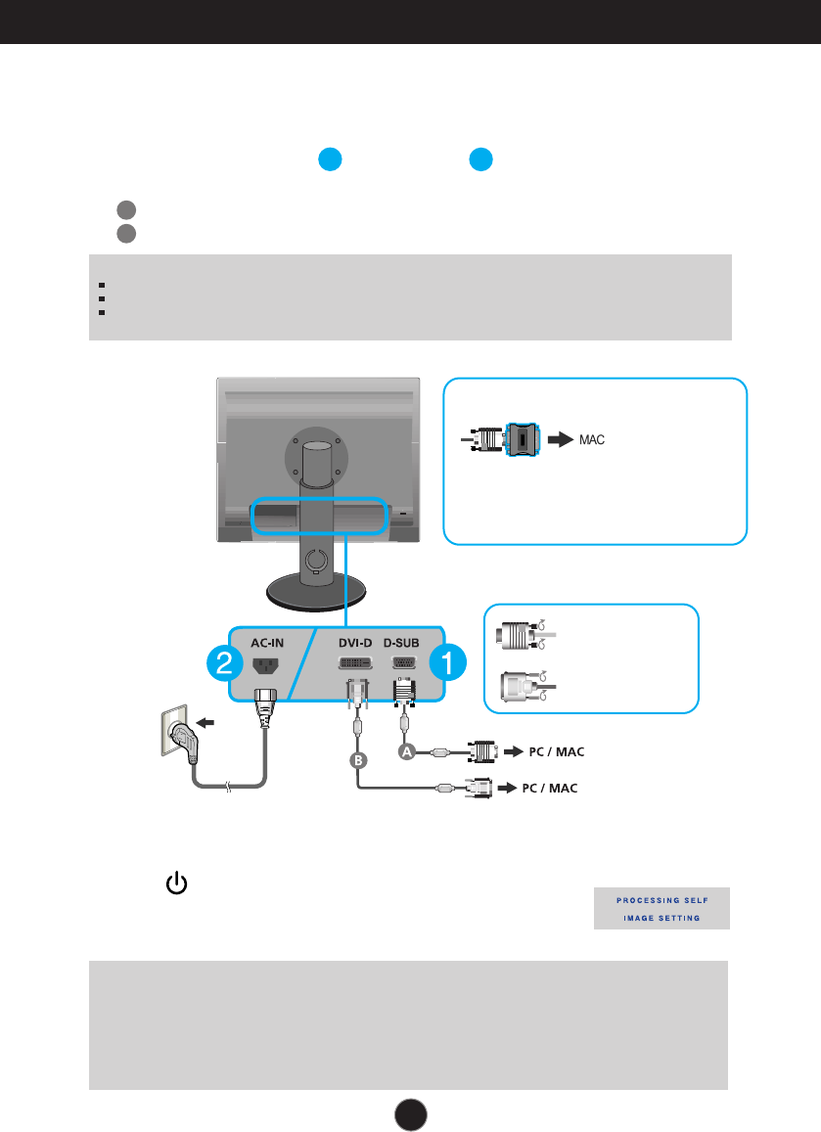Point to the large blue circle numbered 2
tap(224, 665)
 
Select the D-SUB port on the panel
tap(403, 663)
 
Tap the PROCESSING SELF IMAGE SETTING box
tap(661, 909)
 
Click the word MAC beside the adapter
tap(592, 440)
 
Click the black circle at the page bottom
tap(411, 1113)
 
